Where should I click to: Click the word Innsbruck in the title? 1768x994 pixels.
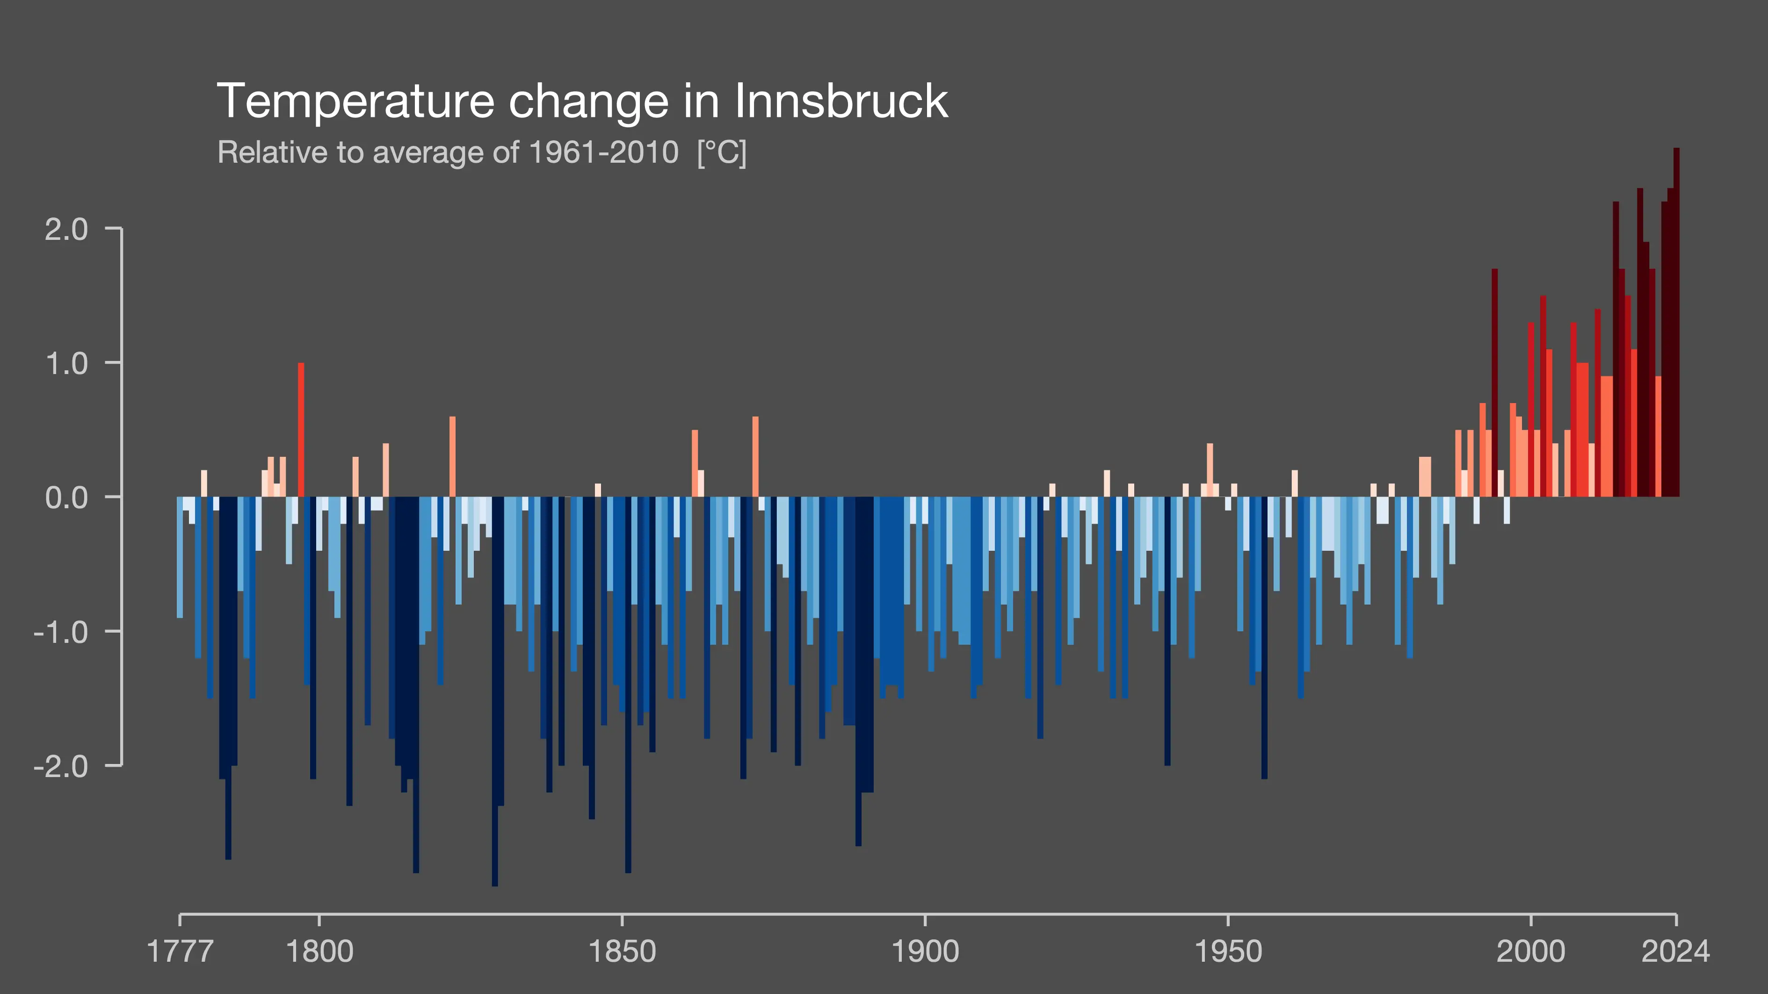pos(841,101)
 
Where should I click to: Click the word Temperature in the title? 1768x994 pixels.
pos(355,101)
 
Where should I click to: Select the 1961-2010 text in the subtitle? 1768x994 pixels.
pos(604,152)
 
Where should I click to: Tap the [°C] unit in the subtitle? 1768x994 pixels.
pos(721,152)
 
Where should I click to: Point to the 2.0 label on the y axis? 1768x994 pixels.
pos(66,229)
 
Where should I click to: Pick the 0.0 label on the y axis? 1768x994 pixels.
pos(66,497)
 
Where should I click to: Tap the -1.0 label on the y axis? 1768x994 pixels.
pos(61,632)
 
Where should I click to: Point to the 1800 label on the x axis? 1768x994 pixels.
pos(319,951)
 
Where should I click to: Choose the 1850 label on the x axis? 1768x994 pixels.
pos(622,951)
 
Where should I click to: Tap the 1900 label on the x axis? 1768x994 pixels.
pos(925,951)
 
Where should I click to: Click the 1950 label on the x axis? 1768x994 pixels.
pos(1228,951)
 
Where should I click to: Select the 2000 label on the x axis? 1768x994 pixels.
pos(1530,951)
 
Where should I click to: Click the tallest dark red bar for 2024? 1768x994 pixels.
pos(1676,323)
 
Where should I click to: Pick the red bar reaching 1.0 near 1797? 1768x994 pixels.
pos(301,429)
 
